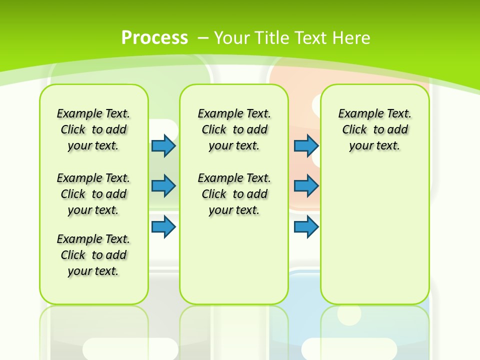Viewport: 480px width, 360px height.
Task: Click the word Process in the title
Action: point(154,38)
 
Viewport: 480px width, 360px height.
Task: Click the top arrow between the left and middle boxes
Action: point(163,145)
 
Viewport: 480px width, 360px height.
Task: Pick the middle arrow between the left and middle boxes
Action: point(163,186)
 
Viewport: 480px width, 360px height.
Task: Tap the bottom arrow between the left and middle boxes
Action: point(163,227)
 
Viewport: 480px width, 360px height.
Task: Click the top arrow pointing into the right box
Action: point(306,145)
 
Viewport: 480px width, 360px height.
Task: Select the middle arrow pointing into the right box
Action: point(306,186)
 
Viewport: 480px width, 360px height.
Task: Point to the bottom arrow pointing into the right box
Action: point(306,227)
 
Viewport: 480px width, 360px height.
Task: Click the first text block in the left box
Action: point(93,129)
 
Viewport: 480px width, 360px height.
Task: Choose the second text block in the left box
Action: point(93,194)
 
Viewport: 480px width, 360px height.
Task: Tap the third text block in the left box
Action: point(93,255)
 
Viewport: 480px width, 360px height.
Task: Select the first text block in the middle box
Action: point(234,129)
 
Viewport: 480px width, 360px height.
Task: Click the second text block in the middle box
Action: point(234,194)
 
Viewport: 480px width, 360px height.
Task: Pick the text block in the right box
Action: point(375,129)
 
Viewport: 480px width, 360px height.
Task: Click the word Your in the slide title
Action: point(232,38)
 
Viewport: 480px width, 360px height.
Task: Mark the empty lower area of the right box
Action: point(375,240)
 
